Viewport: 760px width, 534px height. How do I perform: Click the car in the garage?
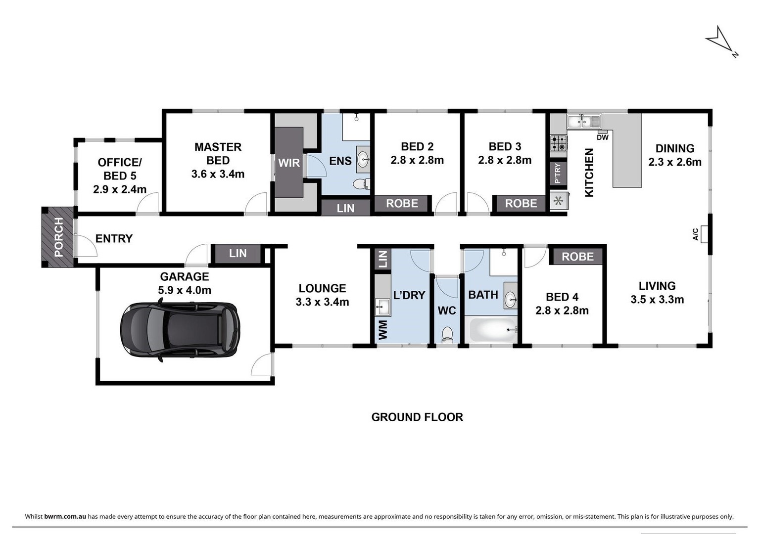click(x=180, y=330)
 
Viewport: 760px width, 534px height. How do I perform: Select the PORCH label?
click(x=58, y=237)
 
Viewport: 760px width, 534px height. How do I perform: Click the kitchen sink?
click(x=583, y=121)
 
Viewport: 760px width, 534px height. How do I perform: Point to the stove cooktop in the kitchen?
click(x=558, y=143)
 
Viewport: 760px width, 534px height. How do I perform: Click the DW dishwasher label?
click(x=603, y=137)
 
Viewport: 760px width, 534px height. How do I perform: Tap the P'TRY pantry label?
click(x=558, y=173)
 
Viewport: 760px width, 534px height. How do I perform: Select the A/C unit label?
click(x=695, y=234)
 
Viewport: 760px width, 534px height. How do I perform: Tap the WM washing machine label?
click(x=382, y=330)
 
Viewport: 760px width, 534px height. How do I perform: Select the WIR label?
click(x=289, y=163)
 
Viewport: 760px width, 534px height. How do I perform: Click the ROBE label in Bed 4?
click(x=577, y=257)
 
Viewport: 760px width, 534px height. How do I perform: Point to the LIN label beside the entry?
click(x=237, y=253)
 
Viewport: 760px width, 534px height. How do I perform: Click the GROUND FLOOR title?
click(x=417, y=417)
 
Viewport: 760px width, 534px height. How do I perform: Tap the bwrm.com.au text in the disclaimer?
click(x=65, y=517)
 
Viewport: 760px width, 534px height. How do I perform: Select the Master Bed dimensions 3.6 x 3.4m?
click(x=218, y=174)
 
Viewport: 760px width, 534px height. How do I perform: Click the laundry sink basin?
click(x=382, y=307)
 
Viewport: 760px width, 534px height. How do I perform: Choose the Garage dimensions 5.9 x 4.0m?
click(x=185, y=290)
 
